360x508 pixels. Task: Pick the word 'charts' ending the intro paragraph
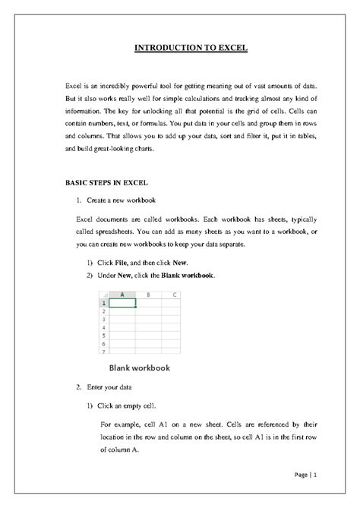pos(141,150)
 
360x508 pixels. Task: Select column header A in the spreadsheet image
pos(122,294)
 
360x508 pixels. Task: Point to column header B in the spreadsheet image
pos(148,294)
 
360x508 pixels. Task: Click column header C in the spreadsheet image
pos(174,294)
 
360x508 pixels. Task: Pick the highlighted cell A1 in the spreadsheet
pos(122,302)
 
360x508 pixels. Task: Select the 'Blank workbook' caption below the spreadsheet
pos(139,368)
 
